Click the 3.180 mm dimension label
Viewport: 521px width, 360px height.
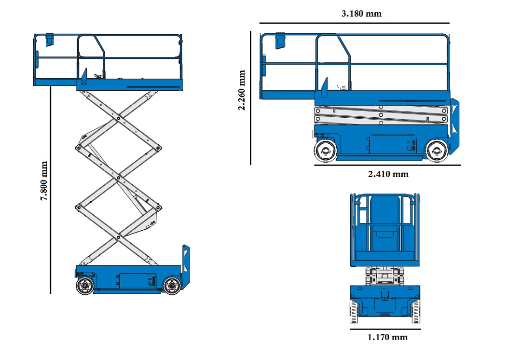(x=361, y=14)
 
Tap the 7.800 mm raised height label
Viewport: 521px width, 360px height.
(x=44, y=181)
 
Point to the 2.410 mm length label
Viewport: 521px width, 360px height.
(x=388, y=174)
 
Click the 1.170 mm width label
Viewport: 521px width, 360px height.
(x=387, y=337)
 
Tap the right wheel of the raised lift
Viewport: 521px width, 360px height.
(x=171, y=285)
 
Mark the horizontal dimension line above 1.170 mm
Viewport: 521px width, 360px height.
(x=385, y=329)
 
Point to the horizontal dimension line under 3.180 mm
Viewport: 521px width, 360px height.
(x=354, y=23)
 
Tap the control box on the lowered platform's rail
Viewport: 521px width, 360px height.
(x=280, y=41)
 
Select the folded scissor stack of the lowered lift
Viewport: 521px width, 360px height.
(x=381, y=115)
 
